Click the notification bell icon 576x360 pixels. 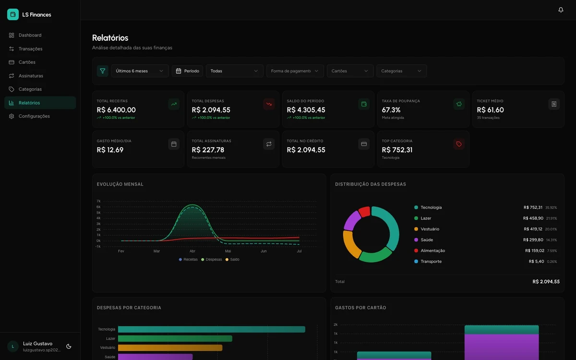point(561,10)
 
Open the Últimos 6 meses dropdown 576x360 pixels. point(140,71)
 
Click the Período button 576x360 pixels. point(187,71)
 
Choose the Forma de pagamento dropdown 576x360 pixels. point(295,71)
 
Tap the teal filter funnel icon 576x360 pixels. point(102,71)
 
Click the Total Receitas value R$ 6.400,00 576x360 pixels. point(116,110)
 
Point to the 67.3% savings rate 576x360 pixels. point(391,110)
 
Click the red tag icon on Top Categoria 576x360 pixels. point(459,144)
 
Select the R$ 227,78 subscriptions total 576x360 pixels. point(208,150)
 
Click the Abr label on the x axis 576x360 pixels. point(192,251)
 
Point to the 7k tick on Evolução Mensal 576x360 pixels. point(98,201)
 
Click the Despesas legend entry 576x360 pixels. point(211,260)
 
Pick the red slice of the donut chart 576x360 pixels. point(364,212)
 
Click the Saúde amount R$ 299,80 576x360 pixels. point(533,240)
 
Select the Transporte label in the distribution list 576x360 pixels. point(431,262)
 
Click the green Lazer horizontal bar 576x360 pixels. point(175,339)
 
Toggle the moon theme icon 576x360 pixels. point(69,347)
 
